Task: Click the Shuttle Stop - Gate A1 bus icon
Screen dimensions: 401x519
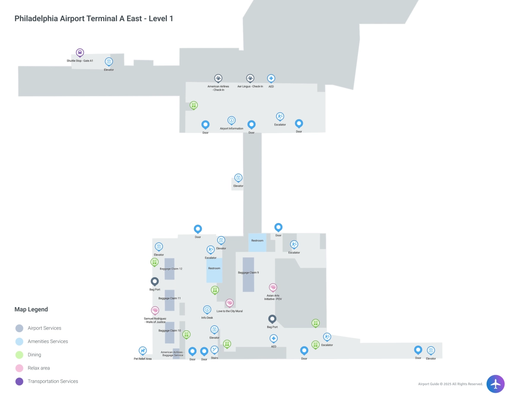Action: coord(80,53)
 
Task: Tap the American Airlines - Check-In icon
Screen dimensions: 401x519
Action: coord(218,78)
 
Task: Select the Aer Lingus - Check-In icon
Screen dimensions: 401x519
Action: coord(250,78)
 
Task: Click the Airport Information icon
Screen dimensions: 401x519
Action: coord(231,120)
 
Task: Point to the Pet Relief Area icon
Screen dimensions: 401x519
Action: coord(142,350)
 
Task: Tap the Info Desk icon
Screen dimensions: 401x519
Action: coord(207,310)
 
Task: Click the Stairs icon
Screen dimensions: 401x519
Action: coord(215,350)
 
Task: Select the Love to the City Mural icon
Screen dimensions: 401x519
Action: coord(230,303)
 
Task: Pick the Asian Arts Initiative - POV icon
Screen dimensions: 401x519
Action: coord(273,287)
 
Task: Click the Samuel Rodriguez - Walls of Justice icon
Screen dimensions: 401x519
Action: coord(155,310)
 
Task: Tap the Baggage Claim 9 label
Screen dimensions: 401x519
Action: coord(248,273)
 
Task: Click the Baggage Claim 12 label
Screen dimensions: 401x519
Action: coord(171,269)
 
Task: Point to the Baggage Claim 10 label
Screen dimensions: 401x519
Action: coord(170,330)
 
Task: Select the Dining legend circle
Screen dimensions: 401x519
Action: coord(19,355)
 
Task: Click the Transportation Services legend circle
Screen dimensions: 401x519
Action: coord(19,382)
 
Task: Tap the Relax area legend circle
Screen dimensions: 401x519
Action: coord(19,368)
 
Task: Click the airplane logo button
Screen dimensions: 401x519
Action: coord(495,384)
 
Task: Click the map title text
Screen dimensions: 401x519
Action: coord(94,19)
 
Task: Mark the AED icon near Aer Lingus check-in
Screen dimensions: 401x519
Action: coord(271,79)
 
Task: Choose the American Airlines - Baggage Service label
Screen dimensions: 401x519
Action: coord(172,353)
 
